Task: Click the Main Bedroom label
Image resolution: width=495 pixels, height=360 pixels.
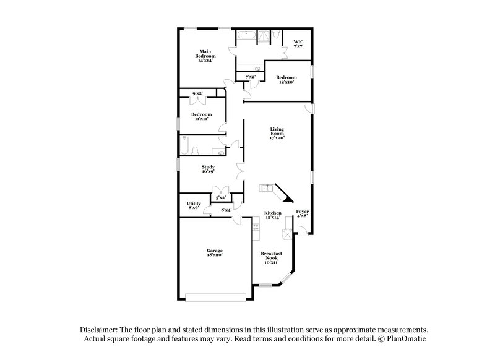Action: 207,56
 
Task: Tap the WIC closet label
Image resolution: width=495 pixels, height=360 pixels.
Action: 299,43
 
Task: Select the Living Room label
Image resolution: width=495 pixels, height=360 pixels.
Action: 277,133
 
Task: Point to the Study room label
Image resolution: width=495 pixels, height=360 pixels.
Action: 208,169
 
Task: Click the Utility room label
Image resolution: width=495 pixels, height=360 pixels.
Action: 193,205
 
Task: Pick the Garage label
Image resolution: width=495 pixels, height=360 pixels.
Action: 215,252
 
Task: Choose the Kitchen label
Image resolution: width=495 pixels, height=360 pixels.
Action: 273,215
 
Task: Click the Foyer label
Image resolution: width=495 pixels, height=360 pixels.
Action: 302,214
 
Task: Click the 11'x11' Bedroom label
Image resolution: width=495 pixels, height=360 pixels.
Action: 201,116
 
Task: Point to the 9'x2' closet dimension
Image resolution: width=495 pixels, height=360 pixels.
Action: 198,93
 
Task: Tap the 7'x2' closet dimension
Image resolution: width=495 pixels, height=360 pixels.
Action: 251,77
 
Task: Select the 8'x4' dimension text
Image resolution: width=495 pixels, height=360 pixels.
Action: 226,210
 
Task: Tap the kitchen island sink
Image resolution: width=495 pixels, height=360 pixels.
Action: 266,187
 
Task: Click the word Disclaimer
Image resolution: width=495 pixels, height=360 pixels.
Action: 98,330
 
